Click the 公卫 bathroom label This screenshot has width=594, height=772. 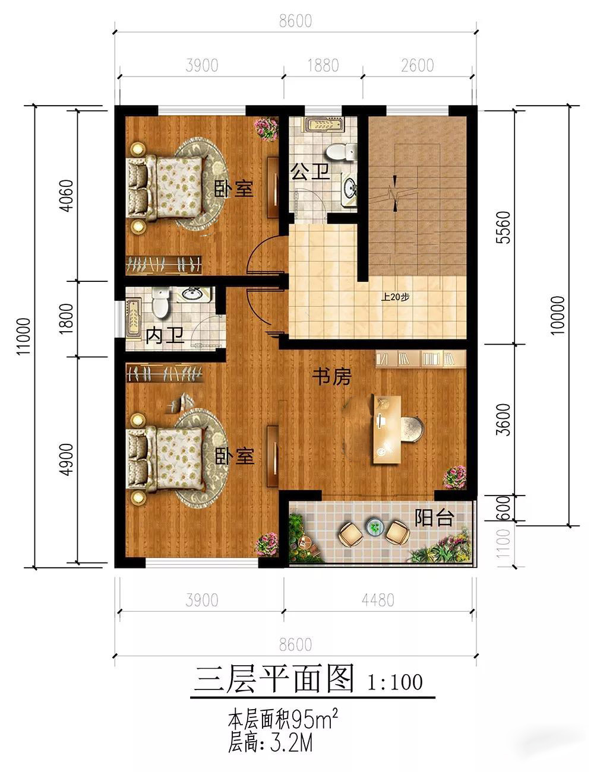[309, 172]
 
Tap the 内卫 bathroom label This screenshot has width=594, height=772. [165, 335]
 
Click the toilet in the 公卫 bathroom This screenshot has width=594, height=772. [340, 152]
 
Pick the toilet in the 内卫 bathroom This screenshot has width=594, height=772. [160, 303]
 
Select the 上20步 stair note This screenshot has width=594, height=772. [395, 297]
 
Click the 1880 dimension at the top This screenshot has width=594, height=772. [323, 65]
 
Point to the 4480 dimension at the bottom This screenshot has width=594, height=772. [378, 600]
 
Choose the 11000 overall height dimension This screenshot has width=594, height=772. [23, 336]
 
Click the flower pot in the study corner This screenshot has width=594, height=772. [454, 476]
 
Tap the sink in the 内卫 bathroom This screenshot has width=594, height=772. [192, 294]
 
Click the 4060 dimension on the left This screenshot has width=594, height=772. [67, 196]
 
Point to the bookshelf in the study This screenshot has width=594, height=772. [421, 358]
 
